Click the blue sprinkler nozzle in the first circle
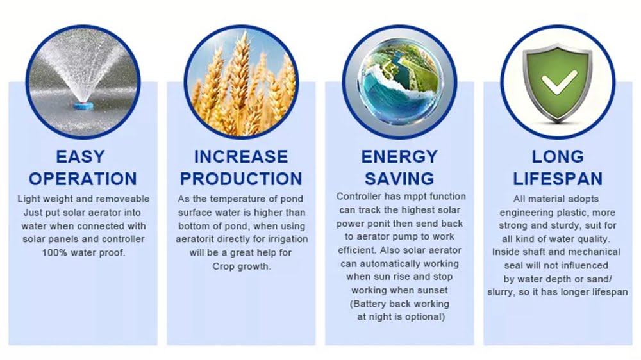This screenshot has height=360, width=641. tap(83, 106)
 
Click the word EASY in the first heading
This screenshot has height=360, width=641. tap(81, 156)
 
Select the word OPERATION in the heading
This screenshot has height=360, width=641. tap(83, 179)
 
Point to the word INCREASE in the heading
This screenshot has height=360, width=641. tap(241, 156)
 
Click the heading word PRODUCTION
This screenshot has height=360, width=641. tap(241, 179)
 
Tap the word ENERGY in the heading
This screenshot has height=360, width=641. tap(399, 156)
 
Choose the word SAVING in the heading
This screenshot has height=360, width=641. tap(399, 179)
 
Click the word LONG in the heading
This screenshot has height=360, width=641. tap(558, 156)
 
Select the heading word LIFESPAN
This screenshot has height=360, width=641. tap(558, 179)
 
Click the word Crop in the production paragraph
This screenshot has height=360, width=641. tap(222, 266)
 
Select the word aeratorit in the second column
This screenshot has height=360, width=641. tap(195, 239)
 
